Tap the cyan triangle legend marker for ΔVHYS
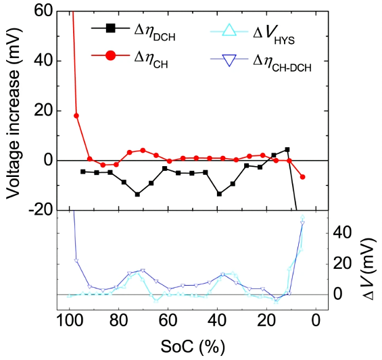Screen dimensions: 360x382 pos(229,30)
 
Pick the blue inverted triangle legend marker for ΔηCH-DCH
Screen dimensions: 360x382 pos(229,60)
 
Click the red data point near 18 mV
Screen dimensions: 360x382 pos(76,115)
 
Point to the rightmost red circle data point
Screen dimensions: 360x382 pos(302,177)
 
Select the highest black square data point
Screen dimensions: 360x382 pos(287,149)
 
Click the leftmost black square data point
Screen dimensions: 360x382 pos(83,172)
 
